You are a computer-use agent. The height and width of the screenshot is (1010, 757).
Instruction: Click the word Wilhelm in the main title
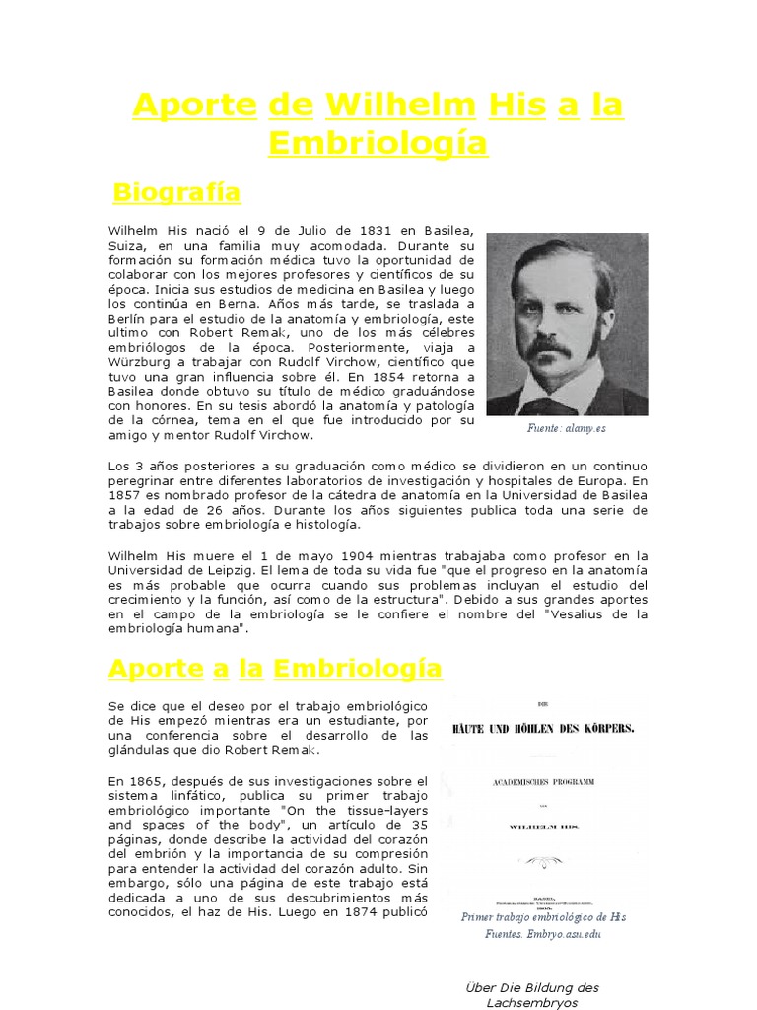[398, 105]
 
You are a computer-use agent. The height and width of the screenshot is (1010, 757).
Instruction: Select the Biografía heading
[176, 190]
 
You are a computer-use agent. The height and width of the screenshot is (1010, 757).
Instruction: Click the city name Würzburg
[139, 361]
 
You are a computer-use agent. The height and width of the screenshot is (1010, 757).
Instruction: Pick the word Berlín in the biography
[129, 319]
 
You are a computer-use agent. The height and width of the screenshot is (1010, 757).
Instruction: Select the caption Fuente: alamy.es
[567, 429]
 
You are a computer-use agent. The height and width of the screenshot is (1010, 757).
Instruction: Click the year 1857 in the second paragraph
[127, 495]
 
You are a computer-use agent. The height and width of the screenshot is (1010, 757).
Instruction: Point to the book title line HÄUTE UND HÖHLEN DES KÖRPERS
[542, 729]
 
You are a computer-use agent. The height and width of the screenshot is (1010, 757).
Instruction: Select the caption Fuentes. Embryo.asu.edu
[543, 934]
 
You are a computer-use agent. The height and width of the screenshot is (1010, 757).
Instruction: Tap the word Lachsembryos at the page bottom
[531, 1002]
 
